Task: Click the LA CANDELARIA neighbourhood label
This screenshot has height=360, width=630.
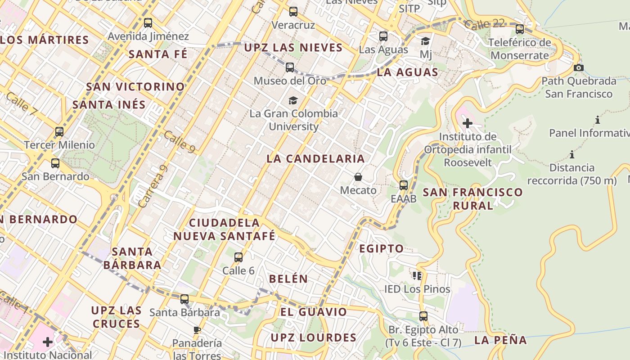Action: (315, 159)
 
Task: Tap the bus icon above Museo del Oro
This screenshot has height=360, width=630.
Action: (290, 67)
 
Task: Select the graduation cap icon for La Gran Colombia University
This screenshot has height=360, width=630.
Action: (293, 100)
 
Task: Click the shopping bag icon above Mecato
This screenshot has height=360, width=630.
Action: (358, 177)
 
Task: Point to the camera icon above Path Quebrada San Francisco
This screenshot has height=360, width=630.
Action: (579, 68)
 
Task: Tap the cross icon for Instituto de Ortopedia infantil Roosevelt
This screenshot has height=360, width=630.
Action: (468, 123)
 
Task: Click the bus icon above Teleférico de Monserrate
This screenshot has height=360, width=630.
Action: (520, 29)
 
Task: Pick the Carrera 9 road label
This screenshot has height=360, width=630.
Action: (153, 187)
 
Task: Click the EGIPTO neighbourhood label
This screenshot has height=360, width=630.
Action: (382, 248)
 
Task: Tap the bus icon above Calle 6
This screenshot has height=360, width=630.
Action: (238, 257)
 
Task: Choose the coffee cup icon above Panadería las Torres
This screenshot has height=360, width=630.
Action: (197, 330)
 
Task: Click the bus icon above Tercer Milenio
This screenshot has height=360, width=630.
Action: (59, 132)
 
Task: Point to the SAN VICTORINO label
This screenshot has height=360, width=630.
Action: (135, 86)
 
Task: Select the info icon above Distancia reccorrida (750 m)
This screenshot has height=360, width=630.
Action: (572, 155)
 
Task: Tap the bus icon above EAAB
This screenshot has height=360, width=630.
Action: (404, 185)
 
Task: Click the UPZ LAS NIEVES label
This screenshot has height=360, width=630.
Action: (293, 48)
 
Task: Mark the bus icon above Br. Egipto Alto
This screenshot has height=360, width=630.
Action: (423, 316)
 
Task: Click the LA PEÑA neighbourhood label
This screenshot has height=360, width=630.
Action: (500, 340)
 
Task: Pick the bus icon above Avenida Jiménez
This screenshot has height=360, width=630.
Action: (148, 22)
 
